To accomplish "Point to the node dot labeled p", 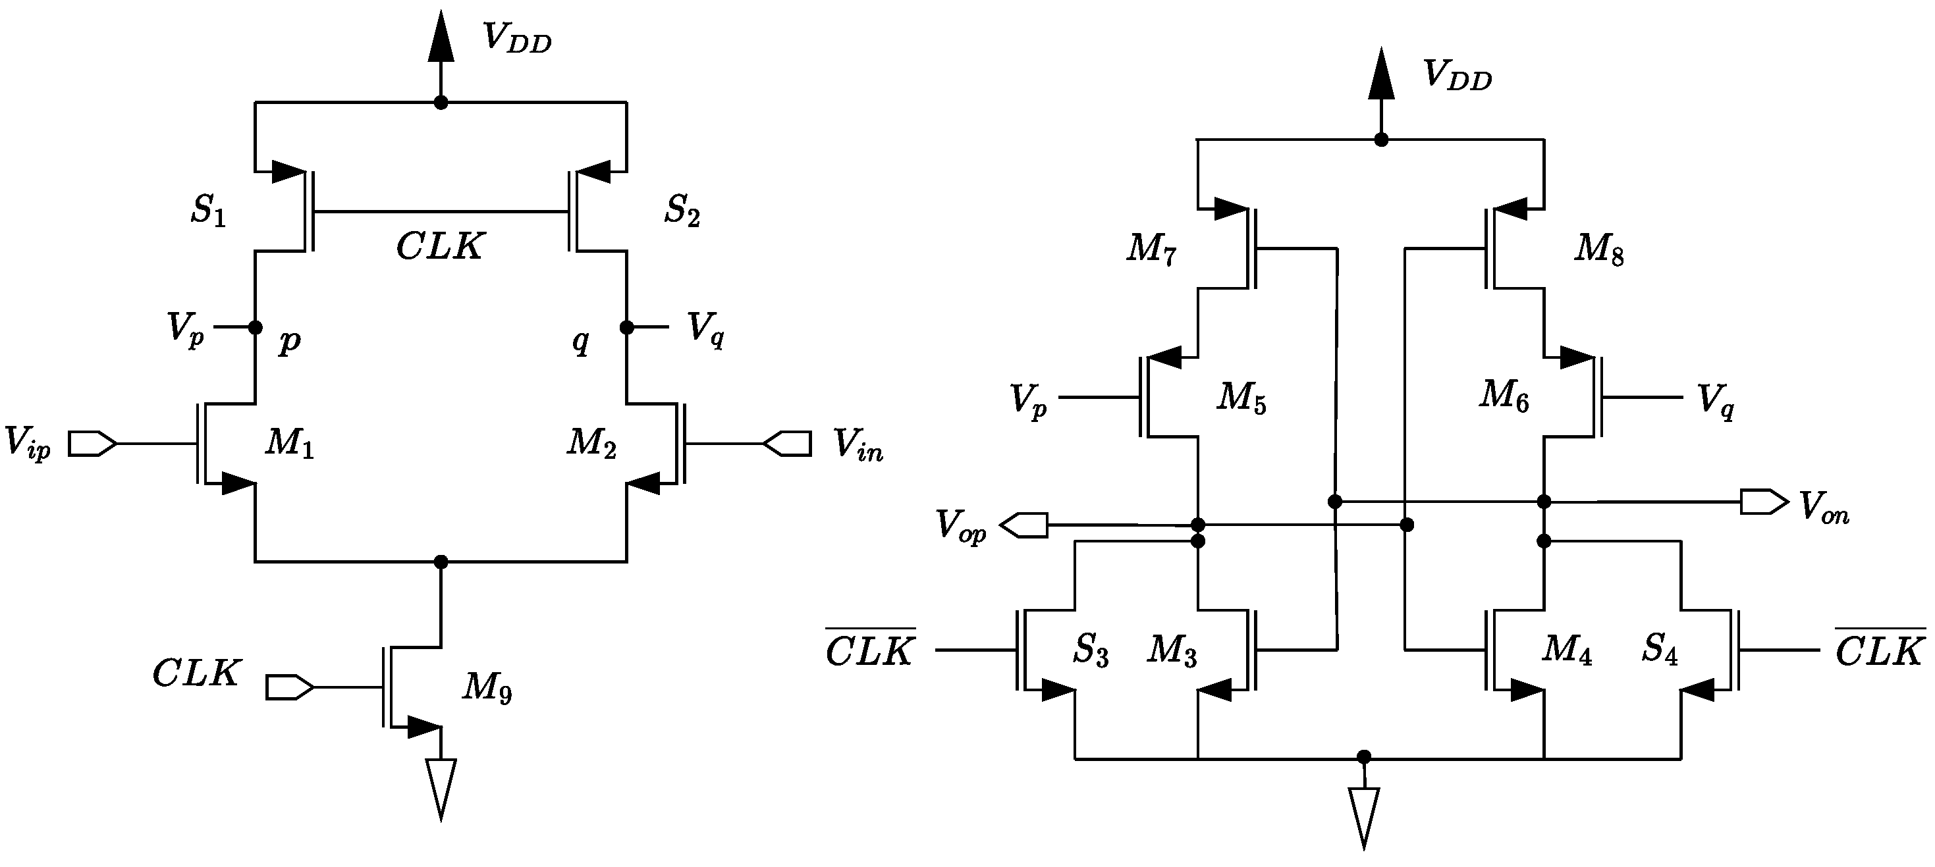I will point(256,327).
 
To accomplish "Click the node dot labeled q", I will point(626,327).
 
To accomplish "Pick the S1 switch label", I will point(208,210).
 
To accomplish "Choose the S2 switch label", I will point(681,210).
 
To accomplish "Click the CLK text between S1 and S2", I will point(440,246).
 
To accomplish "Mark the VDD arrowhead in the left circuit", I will point(441,38).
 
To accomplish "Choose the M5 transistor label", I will point(1241,398).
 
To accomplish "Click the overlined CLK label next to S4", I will point(1880,648).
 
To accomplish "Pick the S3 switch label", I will point(1090,649).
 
